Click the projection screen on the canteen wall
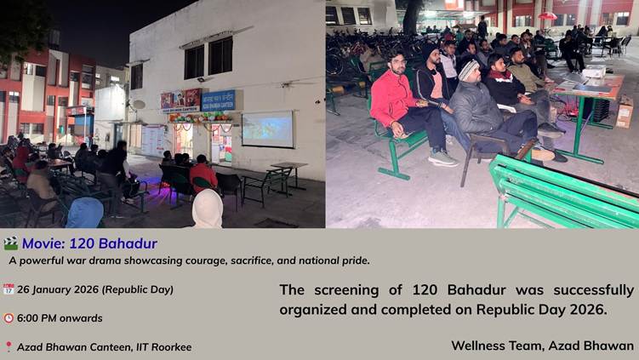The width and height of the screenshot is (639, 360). pyautogui.click(x=267, y=129)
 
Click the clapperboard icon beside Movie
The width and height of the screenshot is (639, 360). pyautogui.click(x=10, y=243)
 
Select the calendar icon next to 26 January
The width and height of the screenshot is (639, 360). pyautogui.click(x=9, y=289)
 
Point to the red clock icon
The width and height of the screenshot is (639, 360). pyautogui.click(x=9, y=318)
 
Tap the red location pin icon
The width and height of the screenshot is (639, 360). pyautogui.click(x=9, y=347)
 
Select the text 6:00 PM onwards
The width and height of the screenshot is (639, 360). pyautogui.click(x=60, y=318)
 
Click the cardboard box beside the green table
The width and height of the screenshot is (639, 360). pyautogui.click(x=625, y=111)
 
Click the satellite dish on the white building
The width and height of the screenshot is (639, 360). pyautogui.click(x=138, y=105)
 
